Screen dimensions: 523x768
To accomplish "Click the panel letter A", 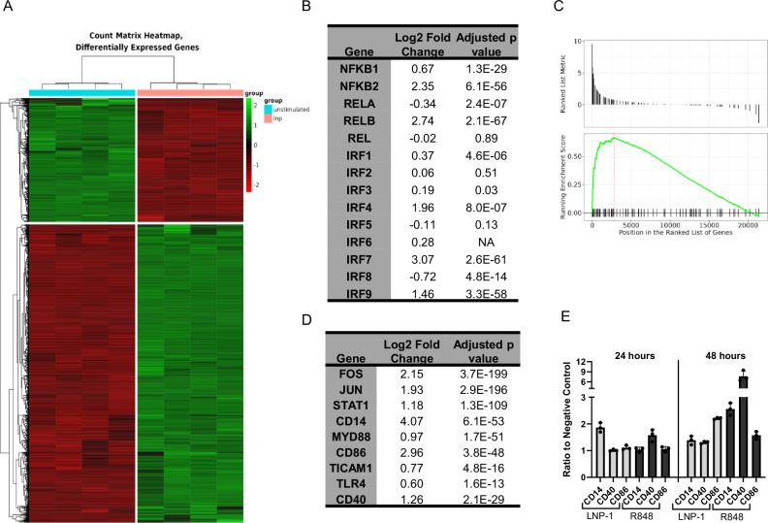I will (8, 9).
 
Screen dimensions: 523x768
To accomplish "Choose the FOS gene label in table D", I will (357, 373).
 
